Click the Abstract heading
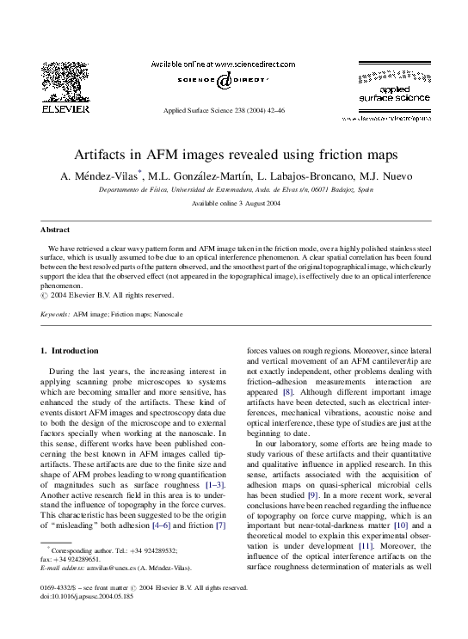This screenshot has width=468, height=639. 55,230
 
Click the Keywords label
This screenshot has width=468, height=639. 55,315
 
